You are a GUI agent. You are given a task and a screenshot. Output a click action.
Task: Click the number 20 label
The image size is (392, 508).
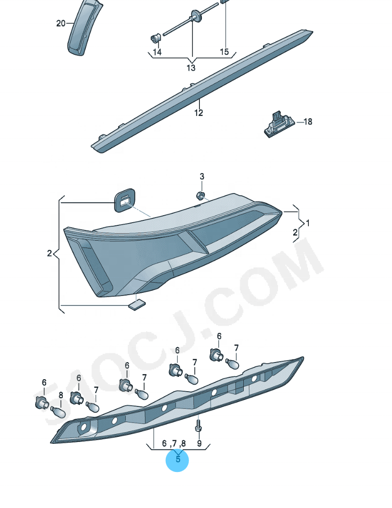60,24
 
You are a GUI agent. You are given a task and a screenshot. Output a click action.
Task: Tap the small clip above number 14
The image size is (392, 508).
156,38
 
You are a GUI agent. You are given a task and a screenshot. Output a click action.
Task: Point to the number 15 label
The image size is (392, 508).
224,52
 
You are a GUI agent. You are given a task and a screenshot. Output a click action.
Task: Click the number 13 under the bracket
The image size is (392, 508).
191,68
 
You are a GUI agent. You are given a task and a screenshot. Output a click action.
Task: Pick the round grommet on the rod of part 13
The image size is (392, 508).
195,15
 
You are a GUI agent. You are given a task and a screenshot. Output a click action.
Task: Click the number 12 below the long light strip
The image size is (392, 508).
199,113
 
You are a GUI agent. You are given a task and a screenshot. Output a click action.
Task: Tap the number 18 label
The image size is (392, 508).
308,121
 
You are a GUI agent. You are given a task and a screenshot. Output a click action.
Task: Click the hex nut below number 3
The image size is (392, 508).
200,196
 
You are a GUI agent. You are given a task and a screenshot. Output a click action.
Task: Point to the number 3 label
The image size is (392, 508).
202,176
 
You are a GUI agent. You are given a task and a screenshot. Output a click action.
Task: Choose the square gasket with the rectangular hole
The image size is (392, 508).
125,200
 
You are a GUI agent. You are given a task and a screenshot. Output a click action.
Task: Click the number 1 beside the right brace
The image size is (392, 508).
308,223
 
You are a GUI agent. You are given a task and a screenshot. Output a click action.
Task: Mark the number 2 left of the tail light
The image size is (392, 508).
49,254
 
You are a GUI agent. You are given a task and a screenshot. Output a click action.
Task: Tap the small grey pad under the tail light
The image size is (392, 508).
137,304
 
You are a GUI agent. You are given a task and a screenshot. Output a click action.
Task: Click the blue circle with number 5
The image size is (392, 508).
177,460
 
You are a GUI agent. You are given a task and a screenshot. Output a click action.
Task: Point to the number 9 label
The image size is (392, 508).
199,443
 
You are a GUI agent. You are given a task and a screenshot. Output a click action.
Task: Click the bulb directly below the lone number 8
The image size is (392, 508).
58,412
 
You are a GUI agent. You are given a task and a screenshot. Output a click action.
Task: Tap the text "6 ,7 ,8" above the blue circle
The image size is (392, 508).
174,443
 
